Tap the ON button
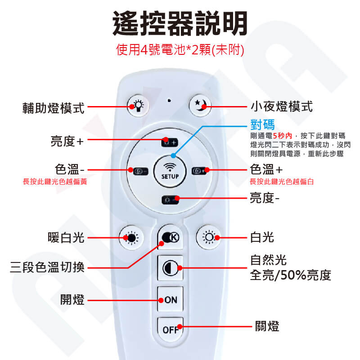pos(170,299)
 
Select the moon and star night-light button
pos(200,106)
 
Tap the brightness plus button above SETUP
pos(170,142)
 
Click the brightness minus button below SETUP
pos(170,200)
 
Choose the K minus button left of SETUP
pos(140,171)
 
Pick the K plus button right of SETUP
pos(198,171)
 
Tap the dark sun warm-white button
pos(131,238)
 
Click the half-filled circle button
pos(170,268)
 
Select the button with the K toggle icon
pos(171,237)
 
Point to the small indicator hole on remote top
pos(169,100)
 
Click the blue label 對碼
pos(262,124)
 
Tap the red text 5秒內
pos(282,136)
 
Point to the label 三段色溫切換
pos(47,267)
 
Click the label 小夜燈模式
pos(282,107)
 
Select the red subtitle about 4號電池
pos(180,49)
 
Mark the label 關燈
pos(267,326)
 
